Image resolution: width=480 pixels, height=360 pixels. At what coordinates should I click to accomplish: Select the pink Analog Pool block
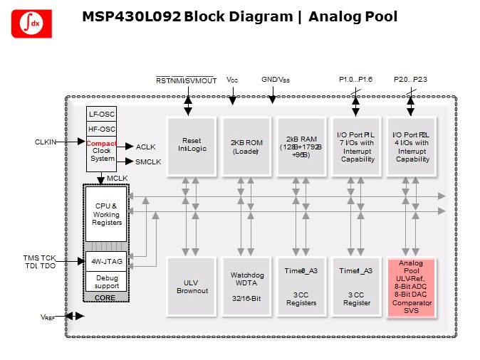pos(411,287)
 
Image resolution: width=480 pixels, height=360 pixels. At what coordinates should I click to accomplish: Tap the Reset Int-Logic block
pos(190,144)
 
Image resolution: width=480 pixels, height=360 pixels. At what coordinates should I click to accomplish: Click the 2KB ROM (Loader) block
pos(246,144)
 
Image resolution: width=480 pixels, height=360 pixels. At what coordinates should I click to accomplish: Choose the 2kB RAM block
pos(301,144)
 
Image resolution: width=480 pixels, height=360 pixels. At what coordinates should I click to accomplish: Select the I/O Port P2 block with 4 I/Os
pos(411,144)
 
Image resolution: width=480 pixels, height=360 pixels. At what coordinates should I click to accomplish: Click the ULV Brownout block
pos(190,287)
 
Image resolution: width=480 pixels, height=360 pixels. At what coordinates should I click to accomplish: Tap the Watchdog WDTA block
pos(246,287)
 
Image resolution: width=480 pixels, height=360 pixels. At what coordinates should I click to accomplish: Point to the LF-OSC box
pos(100,115)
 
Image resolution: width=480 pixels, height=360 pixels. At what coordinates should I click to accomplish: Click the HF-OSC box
pos(100,129)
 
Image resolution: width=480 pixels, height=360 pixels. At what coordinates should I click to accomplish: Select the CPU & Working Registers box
pos(106,213)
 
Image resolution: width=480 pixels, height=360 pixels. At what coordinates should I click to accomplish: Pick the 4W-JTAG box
pos(106,260)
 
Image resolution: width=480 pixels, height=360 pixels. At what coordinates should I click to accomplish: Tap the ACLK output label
pos(145,147)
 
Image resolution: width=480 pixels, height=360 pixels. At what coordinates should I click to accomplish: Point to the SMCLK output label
pos(148,162)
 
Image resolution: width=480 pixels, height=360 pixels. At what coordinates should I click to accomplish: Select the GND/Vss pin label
pos(276,80)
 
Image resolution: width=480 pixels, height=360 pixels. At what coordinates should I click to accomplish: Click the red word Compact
pos(101,143)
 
